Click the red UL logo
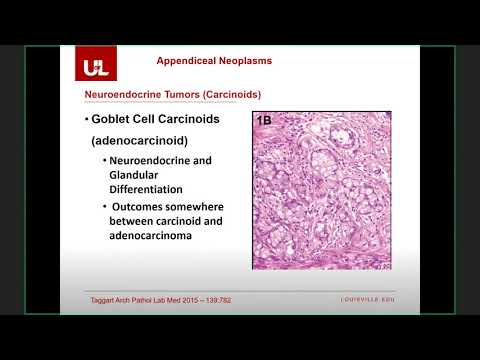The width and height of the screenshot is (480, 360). point(92,67)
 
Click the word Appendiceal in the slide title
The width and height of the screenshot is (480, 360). point(191,60)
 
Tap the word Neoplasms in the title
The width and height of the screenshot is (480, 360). point(250,60)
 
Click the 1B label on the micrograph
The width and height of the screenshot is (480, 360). point(265,121)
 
